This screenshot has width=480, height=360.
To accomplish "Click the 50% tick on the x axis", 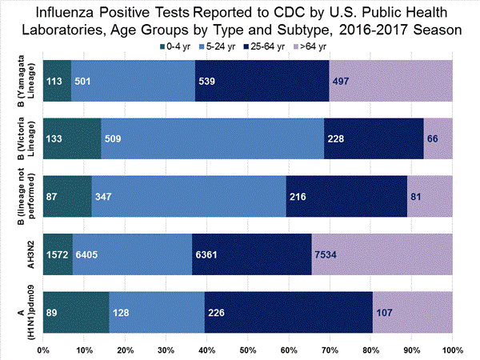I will [x=247, y=350].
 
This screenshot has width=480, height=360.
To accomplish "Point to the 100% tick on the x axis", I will [x=451, y=350].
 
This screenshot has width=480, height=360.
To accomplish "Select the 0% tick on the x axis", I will [x=44, y=350].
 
